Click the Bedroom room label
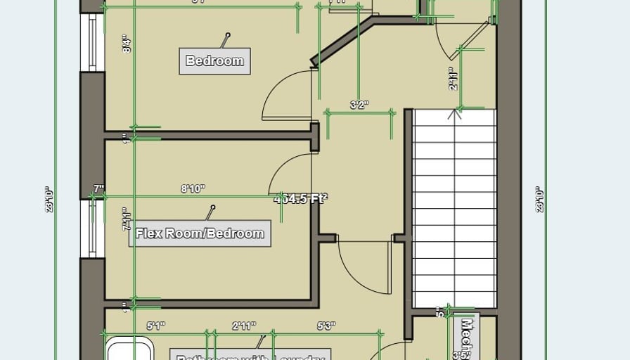click(214, 60)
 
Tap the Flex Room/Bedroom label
click(200, 233)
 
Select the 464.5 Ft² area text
click(301, 199)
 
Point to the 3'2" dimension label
click(359, 105)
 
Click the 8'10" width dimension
click(193, 188)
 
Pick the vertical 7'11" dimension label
click(127, 219)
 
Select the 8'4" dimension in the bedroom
click(127, 46)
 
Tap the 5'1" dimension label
click(155, 326)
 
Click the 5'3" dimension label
click(326, 326)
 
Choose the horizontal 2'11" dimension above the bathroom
click(244, 326)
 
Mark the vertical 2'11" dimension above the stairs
click(454, 80)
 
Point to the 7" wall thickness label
click(98, 188)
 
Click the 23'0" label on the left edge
click(49, 199)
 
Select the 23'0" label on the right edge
click(539, 199)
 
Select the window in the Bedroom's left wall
click(91, 42)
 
